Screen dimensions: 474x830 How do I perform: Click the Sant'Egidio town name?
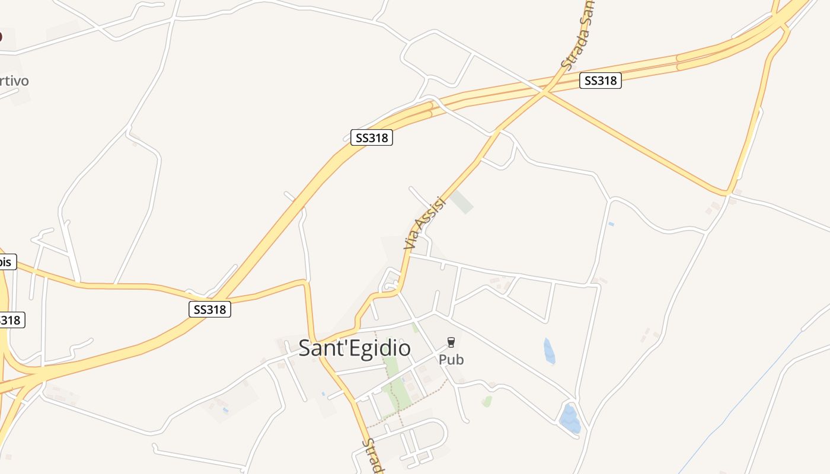pos(354,348)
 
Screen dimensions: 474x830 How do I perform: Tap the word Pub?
pos(451,360)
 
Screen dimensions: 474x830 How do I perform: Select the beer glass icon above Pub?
pos(451,342)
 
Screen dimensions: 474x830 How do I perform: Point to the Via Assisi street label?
pos(423,222)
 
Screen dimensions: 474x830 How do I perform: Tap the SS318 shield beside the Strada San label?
pos(601,81)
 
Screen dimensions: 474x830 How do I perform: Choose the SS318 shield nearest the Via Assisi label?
pos(371,138)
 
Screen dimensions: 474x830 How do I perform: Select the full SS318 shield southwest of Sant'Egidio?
pos(210,309)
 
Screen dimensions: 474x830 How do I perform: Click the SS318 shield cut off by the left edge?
pos(11,320)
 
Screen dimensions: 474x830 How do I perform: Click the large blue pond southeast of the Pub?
pos(570,418)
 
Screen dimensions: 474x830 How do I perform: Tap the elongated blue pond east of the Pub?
pos(550,351)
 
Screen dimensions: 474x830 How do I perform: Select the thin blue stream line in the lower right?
pos(741,403)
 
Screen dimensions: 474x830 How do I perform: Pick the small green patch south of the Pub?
pos(487,401)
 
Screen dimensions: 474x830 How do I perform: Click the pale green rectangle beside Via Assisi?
pos(462,201)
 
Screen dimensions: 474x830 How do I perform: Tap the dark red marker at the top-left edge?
pos(1,37)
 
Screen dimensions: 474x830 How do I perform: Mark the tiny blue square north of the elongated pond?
pos(611,224)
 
